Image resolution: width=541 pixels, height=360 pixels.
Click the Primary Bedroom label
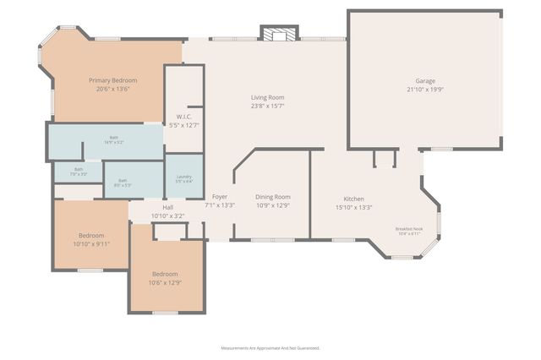(112, 80)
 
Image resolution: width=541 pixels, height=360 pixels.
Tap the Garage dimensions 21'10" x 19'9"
(424, 89)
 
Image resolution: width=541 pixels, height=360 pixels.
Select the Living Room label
(266, 97)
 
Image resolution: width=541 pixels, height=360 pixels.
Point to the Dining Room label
(272, 197)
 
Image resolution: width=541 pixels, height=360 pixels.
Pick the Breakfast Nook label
(409, 229)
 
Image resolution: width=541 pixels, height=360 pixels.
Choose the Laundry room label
(183, 177)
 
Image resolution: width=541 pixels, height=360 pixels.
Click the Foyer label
(219, 197)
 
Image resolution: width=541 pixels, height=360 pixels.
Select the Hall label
(167, 208)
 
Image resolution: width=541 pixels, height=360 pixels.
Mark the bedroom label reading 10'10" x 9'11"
(91, 243)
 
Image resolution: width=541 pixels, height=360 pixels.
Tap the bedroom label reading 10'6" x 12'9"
(165, 282)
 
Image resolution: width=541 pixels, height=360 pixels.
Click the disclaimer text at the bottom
(270, 347)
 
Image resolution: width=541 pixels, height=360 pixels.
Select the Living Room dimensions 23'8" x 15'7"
(266, 106)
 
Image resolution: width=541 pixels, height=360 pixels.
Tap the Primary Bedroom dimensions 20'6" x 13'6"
(112, 89)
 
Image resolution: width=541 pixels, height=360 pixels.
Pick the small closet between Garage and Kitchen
(385, 159)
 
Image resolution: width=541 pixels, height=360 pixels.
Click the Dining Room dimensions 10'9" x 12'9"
(272, 205)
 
